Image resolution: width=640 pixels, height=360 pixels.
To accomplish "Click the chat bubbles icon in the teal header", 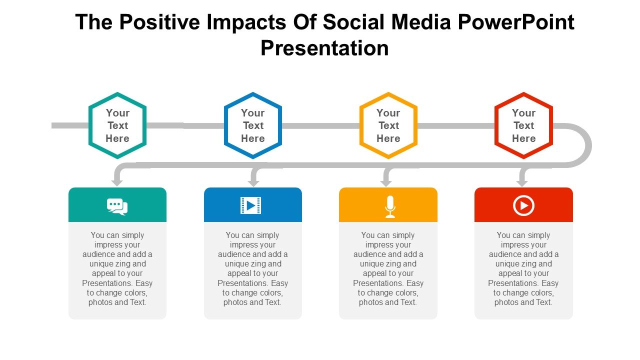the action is tap(117, 206).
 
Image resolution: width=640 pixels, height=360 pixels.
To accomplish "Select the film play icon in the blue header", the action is tap(250, 205).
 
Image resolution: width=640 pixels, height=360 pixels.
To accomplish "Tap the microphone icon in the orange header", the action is tap(390, 206).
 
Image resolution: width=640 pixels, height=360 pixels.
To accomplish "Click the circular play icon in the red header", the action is tap(523, 205).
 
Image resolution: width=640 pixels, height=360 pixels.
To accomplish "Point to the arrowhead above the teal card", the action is tap(117, 183).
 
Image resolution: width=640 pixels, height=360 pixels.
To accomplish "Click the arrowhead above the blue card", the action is tap(253, 183).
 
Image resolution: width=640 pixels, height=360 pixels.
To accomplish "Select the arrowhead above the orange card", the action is tap(386, 183).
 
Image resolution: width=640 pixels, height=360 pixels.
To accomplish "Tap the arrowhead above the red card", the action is tap(522, 183).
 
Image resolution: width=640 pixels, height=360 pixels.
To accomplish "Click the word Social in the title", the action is tap(355, 22).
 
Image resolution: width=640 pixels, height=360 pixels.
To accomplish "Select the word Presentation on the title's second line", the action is tap(324, 48).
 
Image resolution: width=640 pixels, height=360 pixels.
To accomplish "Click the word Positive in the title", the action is tap(159, 22).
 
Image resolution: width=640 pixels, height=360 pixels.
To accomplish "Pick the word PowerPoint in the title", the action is tap(516, 22).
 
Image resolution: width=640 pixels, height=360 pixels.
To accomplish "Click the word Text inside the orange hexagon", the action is tap(388, 125).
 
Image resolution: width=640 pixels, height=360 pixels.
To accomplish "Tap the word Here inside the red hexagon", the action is tap(523, 138).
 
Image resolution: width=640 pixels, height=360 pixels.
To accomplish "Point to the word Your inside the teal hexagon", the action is tap(117, 113).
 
